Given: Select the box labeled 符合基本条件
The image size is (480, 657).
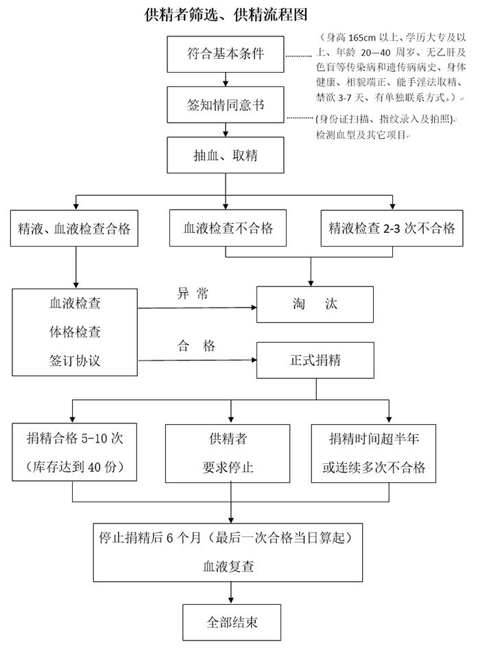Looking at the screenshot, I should point(226,54).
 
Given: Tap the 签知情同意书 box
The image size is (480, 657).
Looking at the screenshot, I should point(226,105).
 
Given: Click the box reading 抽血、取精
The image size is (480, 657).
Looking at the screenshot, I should point(226,156).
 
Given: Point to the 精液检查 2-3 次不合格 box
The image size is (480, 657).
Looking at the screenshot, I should point(392,229).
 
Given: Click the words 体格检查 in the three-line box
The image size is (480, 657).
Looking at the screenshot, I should point(75,332).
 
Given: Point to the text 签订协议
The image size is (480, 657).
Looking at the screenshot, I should point(75,360).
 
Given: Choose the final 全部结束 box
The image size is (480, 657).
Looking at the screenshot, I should point(231,623).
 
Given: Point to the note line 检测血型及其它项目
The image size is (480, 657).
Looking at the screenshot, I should point(360,134).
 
